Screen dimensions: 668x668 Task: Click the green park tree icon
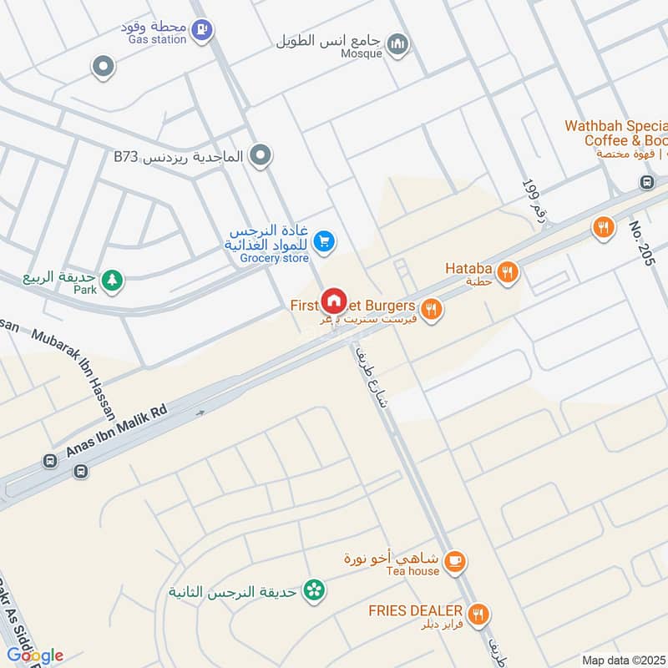[111, 280]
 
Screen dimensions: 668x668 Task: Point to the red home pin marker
[334, 301]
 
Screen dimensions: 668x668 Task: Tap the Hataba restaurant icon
[506, 271]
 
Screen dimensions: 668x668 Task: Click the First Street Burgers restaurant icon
[431, 310]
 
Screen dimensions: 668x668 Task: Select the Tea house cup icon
[455, 562]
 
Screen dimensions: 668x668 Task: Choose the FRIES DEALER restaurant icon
[478, 615]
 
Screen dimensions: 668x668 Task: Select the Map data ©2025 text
[623, 660]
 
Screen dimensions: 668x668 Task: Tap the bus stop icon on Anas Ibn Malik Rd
[80, 471]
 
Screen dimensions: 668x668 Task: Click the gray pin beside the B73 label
[261, 155]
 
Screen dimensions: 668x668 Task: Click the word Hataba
[468, 269]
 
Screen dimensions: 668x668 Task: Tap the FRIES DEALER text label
[416, 610]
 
